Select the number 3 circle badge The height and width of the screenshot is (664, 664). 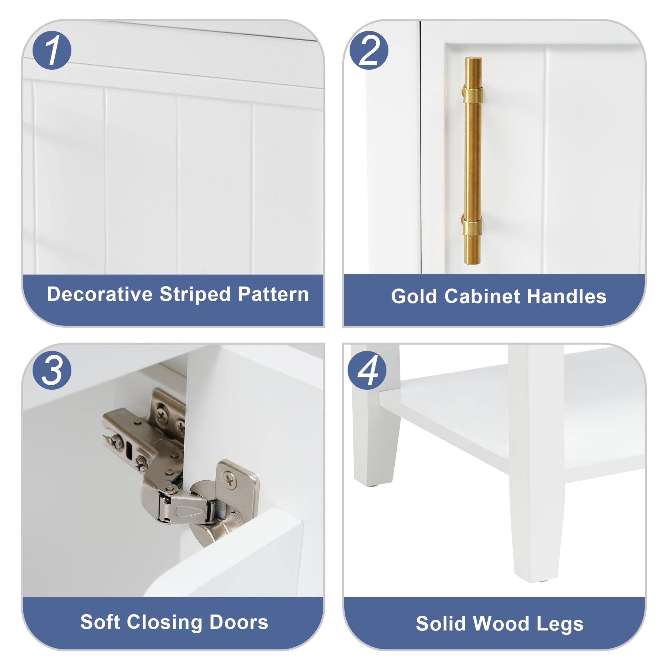click(52, 370)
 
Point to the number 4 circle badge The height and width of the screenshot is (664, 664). click(367, 370)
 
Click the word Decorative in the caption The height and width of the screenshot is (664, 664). click(100, 294)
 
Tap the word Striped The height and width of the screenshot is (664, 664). click(195, 294)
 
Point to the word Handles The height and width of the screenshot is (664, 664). click(566, 296)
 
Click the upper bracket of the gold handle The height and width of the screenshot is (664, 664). click(472, 94)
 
